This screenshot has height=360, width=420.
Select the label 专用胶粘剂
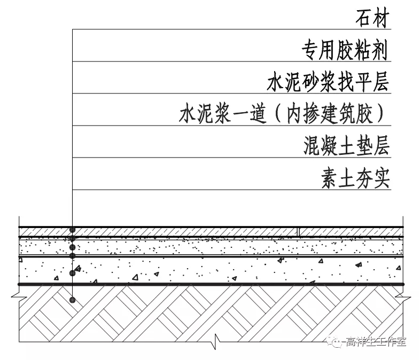[x=345, y=51]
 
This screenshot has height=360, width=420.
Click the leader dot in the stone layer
[x=73, y=230]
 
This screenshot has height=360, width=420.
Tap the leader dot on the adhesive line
[x=73, y=237]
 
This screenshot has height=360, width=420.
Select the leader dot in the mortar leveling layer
[x=73, y=247]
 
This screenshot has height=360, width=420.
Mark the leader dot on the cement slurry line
[x=73, y=256]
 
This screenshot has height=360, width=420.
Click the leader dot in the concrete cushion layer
[x=73, y=273]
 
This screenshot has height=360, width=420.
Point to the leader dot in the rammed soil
[x=73, y=301]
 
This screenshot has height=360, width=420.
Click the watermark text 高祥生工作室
[x=376, y=342]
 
